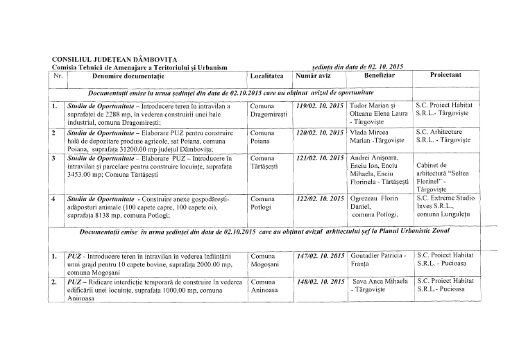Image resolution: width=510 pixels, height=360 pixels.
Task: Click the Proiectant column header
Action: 445,75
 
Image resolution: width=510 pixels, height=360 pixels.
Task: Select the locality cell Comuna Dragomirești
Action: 268,110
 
